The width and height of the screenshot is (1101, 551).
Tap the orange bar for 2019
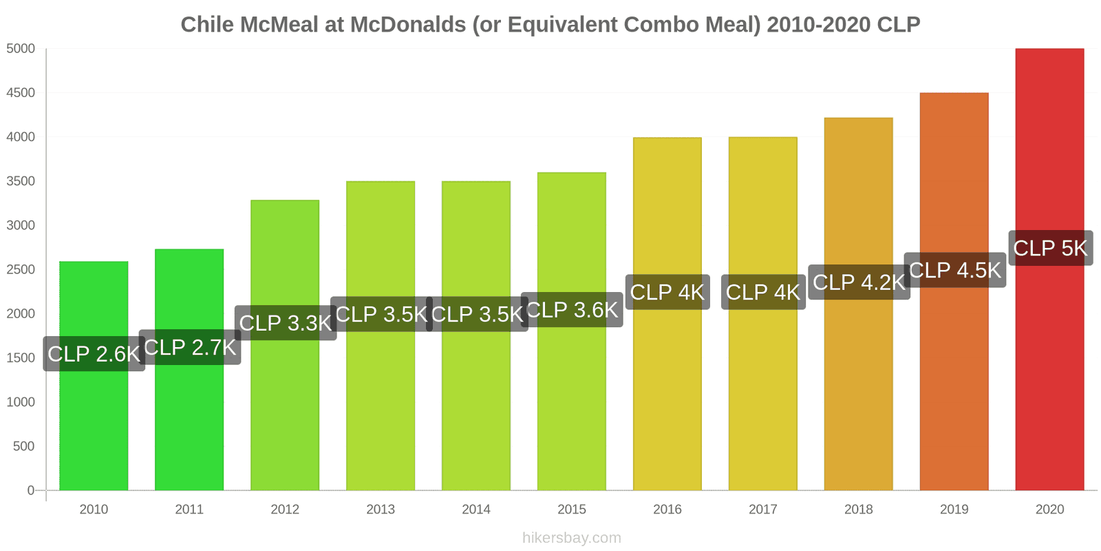(954, 379)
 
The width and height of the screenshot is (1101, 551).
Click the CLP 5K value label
(1050, 248)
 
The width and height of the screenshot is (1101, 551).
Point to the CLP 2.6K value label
(94, 354)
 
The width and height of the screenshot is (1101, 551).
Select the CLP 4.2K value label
(859, 282)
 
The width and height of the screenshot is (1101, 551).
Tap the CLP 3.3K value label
(286, 323)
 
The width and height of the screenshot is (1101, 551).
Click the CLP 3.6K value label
(572, 310)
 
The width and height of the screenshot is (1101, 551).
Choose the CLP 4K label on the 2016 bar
(667, 292)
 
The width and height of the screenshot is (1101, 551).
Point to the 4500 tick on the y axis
(21, 93)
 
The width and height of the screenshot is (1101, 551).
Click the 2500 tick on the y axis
(21, 269)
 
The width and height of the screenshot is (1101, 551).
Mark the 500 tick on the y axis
(23, 446)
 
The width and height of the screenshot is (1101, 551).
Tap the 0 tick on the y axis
(30, 490)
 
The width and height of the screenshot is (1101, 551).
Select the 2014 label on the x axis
(476, 510)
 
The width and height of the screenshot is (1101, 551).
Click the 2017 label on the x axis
(762, 510)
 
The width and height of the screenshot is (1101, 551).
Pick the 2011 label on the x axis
(189, 510)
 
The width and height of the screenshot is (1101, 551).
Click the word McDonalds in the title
(408, 25)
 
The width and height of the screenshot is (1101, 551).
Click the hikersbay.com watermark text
(571, 538)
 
